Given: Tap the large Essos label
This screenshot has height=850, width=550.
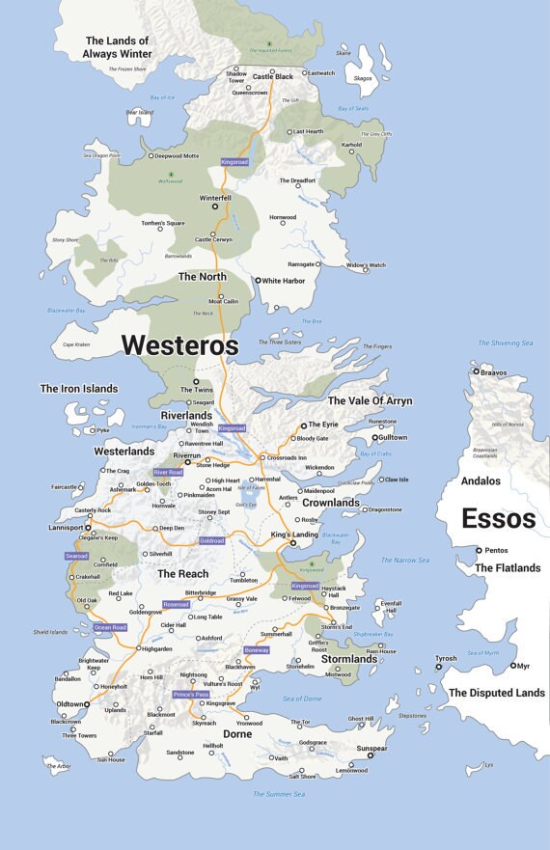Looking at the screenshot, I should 498,518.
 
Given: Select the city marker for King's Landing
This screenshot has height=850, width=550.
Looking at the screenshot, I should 293,544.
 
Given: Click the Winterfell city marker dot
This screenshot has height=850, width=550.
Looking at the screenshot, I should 215,206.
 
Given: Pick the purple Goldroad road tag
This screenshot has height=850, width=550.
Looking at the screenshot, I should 211,541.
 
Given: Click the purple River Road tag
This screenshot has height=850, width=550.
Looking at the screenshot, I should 167,473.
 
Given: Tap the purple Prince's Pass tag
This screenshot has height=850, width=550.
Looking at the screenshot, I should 190,694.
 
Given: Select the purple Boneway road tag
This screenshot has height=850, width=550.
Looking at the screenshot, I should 256,650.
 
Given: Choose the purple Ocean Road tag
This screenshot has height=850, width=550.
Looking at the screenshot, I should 110,627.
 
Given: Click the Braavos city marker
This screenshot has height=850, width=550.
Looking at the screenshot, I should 475,370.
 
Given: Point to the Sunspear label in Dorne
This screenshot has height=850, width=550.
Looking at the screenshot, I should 371,747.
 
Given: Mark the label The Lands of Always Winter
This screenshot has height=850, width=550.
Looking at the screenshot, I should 118,47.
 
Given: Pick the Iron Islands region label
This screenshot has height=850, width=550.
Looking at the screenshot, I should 78,389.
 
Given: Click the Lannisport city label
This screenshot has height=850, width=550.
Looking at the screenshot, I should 66,528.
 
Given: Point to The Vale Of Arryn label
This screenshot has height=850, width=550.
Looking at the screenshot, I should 370,400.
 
